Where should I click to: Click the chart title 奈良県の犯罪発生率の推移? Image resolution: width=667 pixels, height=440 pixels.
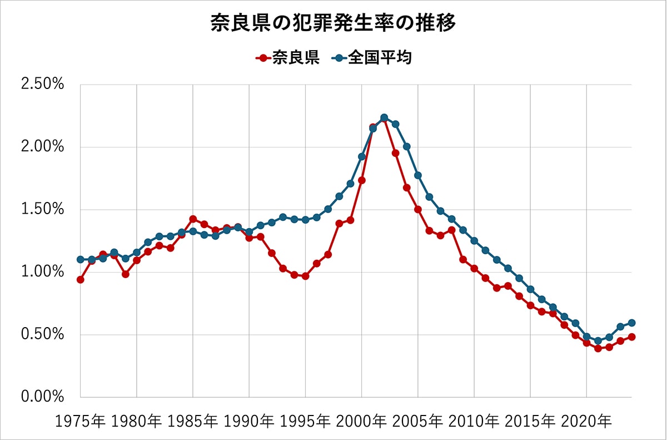pyautogui.click(x=333, y=23)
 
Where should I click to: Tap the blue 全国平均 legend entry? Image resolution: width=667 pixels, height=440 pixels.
pyautogui.click(x=372, y=57)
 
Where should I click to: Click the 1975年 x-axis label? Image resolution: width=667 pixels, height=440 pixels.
pyautogui.click(x=80, y=422)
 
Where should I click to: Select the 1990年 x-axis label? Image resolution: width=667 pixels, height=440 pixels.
pyautogui.click(x=249, y=422)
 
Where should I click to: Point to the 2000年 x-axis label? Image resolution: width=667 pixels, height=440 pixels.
pyautogui.click(x=362, y=422)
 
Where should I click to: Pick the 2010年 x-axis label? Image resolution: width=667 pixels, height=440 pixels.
pyautogui.click(x=474, y=422)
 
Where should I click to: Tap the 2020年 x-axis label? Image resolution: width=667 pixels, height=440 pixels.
pyautogui.click(x=586, y=422)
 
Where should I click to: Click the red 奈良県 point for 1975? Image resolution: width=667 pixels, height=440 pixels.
pyautogui.click(x=81, y=280)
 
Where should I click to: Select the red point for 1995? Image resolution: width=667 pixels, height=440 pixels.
pyautogui.click(x=305, y=276)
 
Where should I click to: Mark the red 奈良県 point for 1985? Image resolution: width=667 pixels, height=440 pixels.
pyautogui.click(x=193, y=219)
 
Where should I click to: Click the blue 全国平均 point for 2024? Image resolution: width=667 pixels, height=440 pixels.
pyautogui.click(x=631, y=323)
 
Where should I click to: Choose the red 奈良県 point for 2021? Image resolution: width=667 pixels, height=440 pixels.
pyautogui.click(x=598, y=349)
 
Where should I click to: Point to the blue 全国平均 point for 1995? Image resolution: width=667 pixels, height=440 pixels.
pyautogui.click(x=305, y=220)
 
